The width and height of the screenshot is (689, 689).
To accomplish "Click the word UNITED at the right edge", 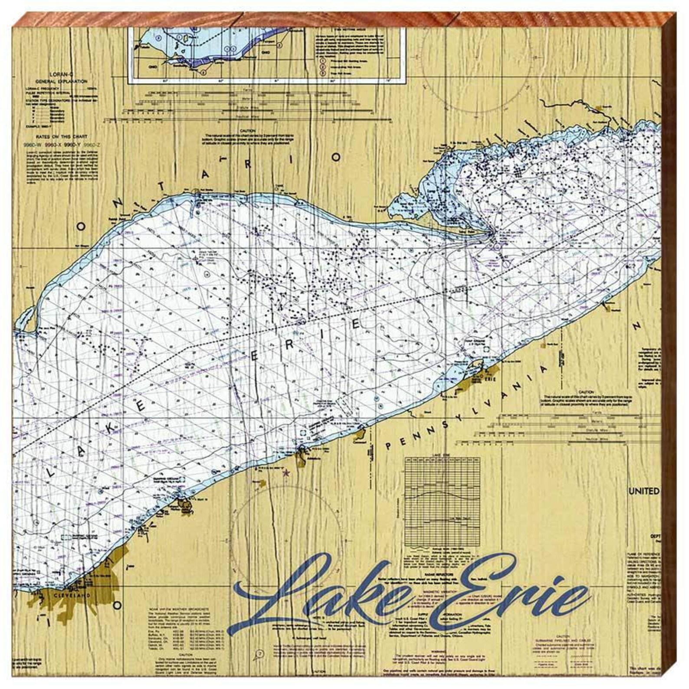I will [644, 491].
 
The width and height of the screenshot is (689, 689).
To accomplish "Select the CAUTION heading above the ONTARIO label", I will [246, 131].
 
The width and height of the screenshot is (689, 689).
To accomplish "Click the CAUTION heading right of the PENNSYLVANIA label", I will [584, 392].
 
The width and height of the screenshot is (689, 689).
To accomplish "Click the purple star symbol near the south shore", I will [285, 474].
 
